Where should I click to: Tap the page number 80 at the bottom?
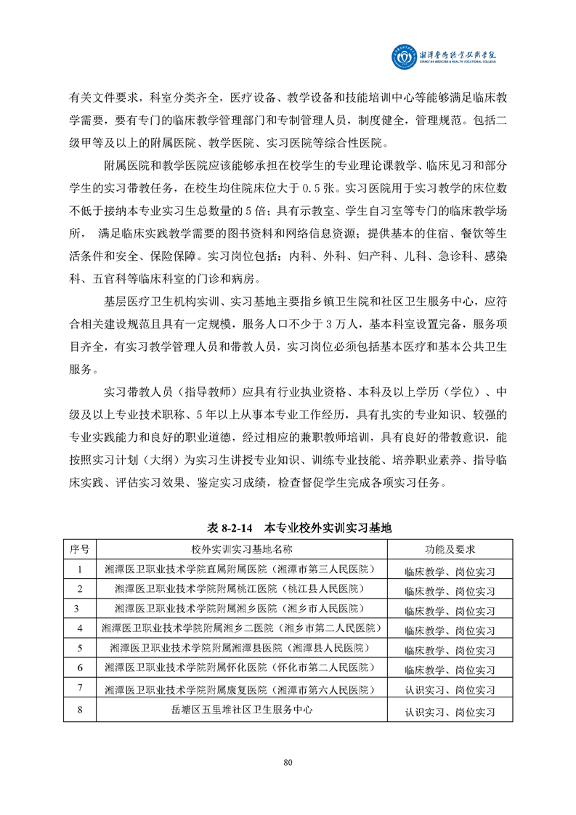coord(288,762)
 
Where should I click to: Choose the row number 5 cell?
coord(80,648)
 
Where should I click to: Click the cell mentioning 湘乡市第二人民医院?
coord(242,628)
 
